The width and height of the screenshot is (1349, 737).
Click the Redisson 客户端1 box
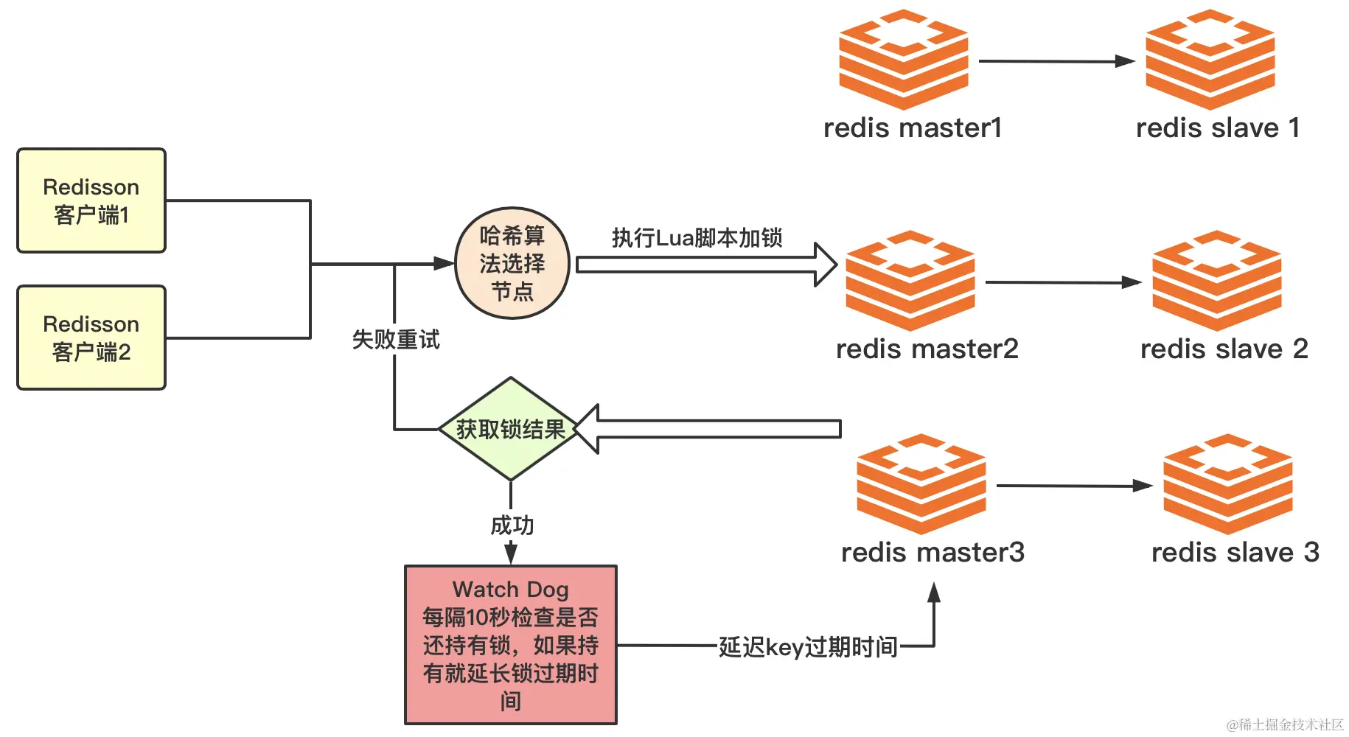pos(91,200)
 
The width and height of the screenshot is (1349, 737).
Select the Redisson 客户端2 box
pos(91,338)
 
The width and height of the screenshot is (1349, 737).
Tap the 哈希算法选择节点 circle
pos(512,263)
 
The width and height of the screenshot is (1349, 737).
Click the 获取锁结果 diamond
pos(510,429)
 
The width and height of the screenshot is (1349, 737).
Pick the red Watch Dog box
pos(511,645)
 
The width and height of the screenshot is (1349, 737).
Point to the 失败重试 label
pos(396,340)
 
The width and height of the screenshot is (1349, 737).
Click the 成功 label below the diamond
pos(512,525)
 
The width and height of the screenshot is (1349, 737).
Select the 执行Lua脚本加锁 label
pos(697,238)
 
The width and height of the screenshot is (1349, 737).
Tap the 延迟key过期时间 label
pos(808,647)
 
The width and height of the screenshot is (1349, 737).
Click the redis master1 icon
pos(904,60)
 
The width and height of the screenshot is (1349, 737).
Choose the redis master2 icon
pos(910,281)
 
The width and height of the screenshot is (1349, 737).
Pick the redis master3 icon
pos(921,484)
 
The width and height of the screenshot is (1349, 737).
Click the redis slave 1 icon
pos(1210,60)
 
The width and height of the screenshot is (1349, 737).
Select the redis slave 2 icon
pos(1217,281)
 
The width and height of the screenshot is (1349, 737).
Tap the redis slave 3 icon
pos(1228,484)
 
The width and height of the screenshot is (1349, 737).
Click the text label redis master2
pos(927,349)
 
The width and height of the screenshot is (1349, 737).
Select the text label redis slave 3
pos(1235,552)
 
